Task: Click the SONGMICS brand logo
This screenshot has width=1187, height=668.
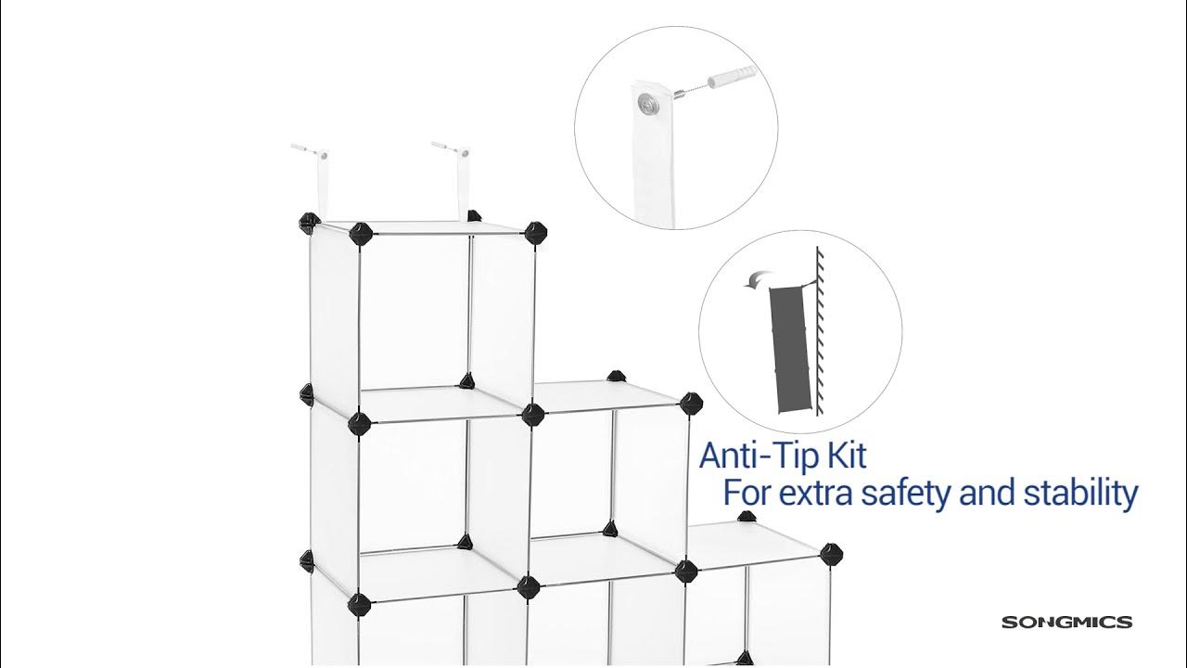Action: [x=1066, y=623]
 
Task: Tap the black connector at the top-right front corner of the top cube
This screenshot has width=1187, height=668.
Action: [x=534, y=233]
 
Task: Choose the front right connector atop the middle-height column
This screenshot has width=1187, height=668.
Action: [x=691, y=404]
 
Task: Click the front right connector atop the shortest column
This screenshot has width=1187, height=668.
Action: [x=833, y=554]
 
